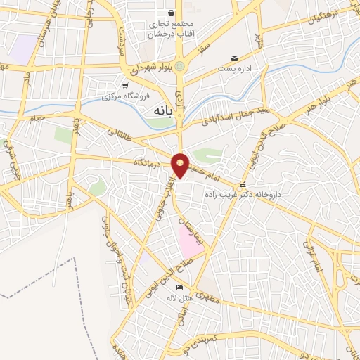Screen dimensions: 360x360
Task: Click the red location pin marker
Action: pos(181,165)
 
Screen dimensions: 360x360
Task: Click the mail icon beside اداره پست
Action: pos(234,58)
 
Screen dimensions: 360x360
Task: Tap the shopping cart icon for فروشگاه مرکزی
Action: pos(125,85)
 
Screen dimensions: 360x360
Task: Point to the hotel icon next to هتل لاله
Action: pos(179,288)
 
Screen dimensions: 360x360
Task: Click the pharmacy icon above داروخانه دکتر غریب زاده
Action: pos(243,185)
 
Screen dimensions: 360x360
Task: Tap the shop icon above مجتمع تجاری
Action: pos(171,13)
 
